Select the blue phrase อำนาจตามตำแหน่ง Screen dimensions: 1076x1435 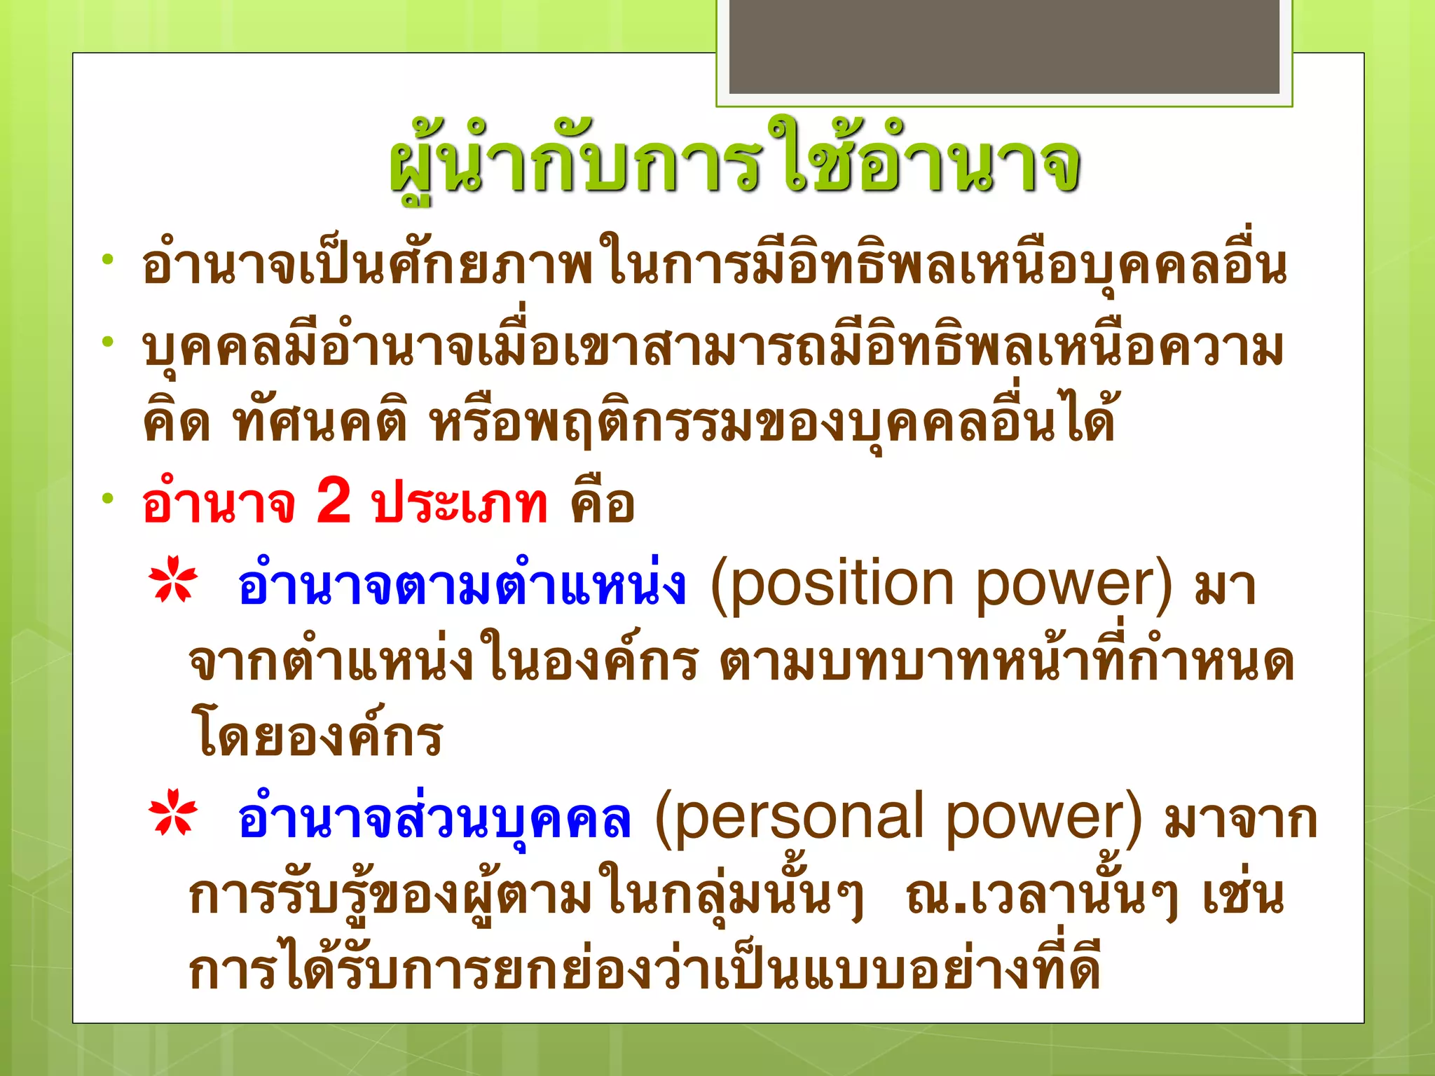click(x=461, y=585)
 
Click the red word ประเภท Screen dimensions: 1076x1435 click(x=459, y=503)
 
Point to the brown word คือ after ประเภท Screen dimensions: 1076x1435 click(x=603, y=503)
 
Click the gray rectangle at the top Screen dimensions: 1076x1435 click(x=1004, y=46)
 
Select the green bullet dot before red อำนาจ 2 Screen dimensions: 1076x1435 click(x=107, y=499)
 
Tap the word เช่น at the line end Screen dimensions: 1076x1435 click(x=1244, y=897)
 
